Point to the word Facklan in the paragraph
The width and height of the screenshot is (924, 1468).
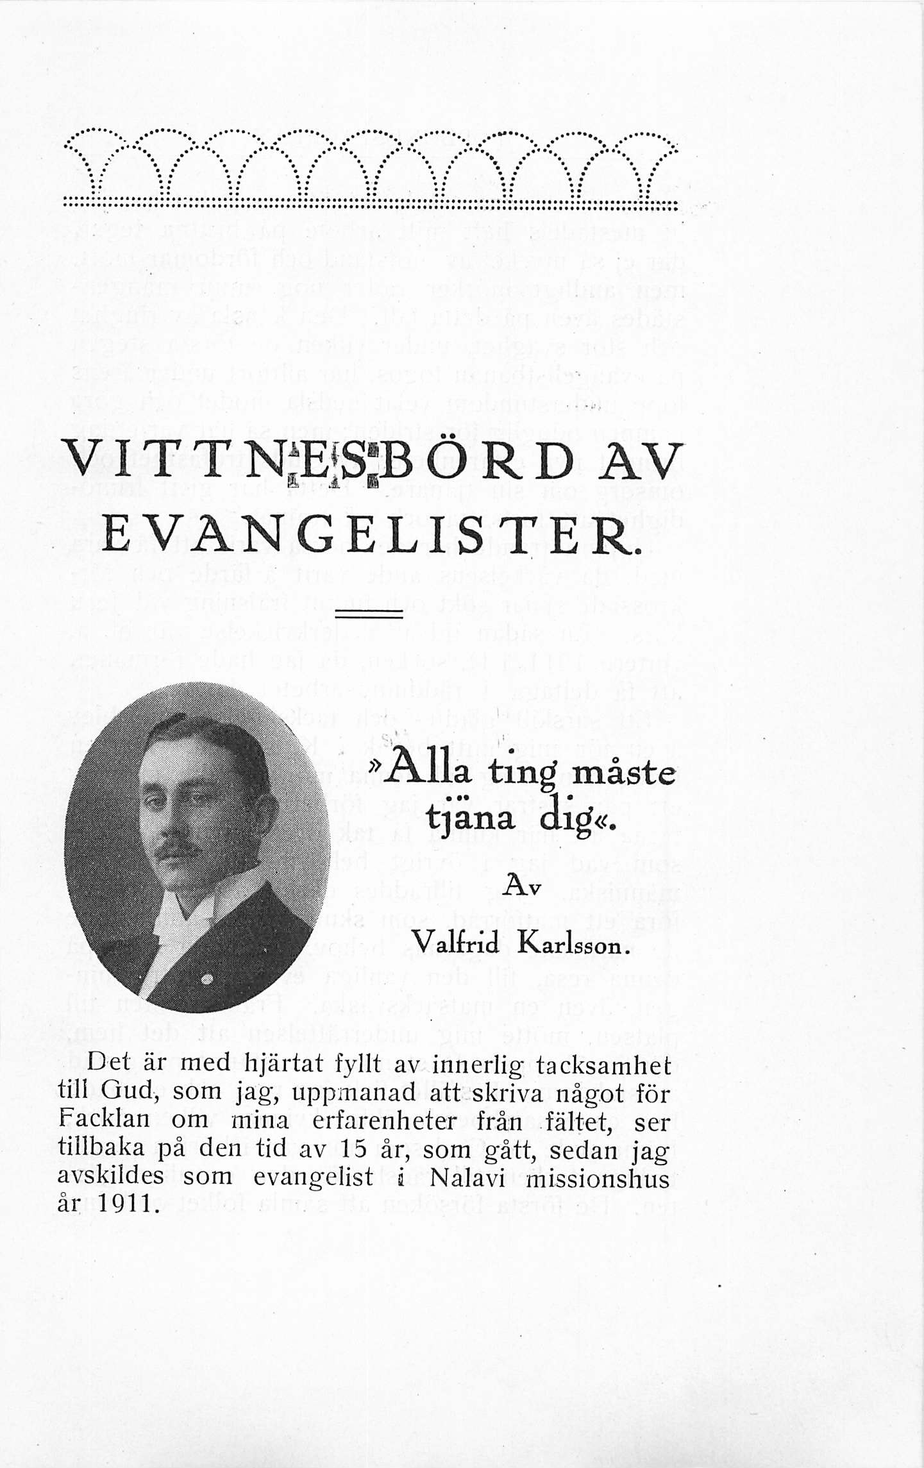[103, 1120]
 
